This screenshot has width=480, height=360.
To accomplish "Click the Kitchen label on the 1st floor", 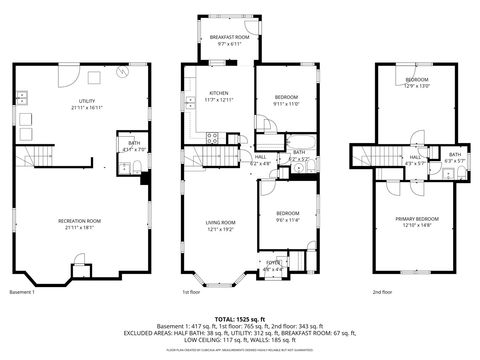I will (x=217, y=93).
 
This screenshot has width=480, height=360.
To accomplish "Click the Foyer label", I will (x=272, y=264).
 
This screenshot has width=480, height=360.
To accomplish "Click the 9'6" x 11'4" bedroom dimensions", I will (x=287, y=219).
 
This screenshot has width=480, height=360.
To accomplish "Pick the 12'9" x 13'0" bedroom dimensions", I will (x=416, y=85).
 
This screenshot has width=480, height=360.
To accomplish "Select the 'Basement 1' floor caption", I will (x=22, y=292).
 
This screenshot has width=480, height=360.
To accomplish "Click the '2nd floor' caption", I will (x=382, y=292).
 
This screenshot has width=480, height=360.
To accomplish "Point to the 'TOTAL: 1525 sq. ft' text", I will (x=240, y=318).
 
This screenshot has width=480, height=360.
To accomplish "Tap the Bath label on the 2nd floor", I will (x=454, y=154).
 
